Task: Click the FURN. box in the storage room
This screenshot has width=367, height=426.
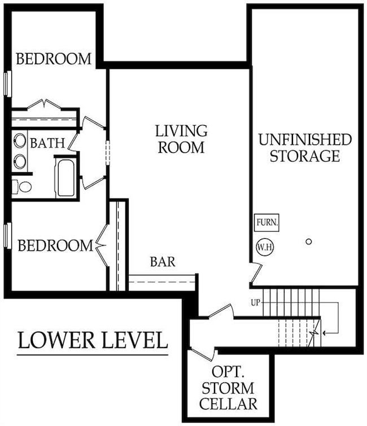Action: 267,222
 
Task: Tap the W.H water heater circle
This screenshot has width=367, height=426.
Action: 263,247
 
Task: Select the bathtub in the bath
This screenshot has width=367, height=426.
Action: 66,178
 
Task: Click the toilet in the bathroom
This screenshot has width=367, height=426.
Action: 23,186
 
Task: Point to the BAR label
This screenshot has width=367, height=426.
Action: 163,262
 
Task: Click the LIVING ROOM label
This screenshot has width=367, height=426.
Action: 181,139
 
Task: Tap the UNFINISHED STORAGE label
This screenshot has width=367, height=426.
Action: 305,147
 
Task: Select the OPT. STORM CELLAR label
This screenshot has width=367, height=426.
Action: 234,388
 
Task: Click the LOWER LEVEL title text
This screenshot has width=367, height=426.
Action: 93,341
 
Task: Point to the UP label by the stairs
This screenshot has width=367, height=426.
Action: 255,303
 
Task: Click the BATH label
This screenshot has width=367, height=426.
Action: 47,143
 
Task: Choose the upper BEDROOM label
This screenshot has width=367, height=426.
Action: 54,59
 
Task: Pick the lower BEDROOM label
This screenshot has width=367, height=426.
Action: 55,245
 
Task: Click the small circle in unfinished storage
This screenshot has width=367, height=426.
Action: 308,242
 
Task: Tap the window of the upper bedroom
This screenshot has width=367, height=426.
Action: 8,83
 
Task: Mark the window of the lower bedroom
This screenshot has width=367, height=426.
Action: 8,235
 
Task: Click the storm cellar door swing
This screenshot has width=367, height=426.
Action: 203,354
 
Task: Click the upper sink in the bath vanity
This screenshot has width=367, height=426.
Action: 20,140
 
